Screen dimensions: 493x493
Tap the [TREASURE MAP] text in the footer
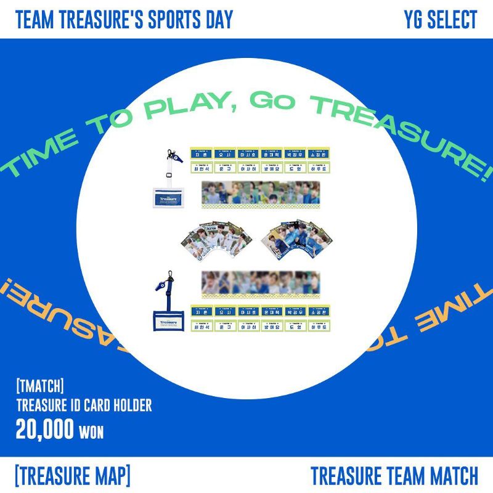click(x=72, y=475)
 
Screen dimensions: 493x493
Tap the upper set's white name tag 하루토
click(x=319, y=167)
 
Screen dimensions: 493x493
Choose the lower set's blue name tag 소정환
click(x=319, y=312)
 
